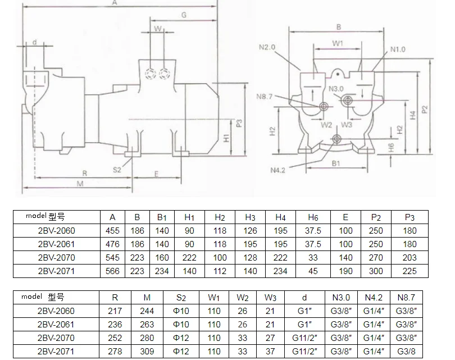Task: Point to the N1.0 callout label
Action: [398, 49]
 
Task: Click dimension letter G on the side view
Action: [184, 15]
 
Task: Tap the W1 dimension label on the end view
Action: [338, 43]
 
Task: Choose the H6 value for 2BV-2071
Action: [313, 271]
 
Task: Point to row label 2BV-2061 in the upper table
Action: [56, 244]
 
